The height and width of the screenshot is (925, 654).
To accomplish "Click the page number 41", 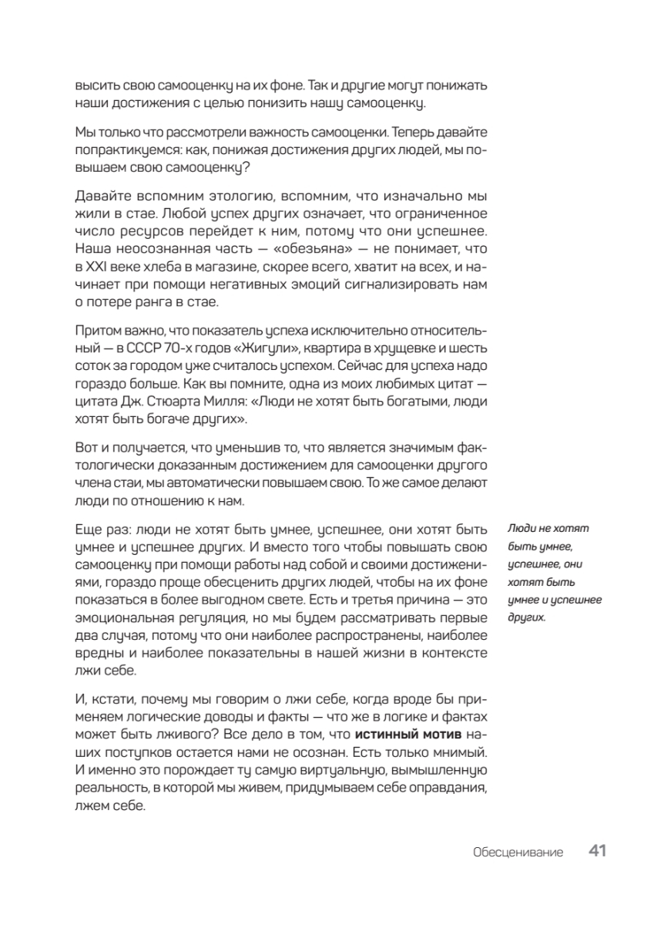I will (x=598, y=851).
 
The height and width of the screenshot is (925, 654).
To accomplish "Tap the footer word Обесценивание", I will (x=518, y=853).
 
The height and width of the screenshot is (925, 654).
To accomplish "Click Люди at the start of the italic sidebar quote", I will (x=522, y=528).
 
